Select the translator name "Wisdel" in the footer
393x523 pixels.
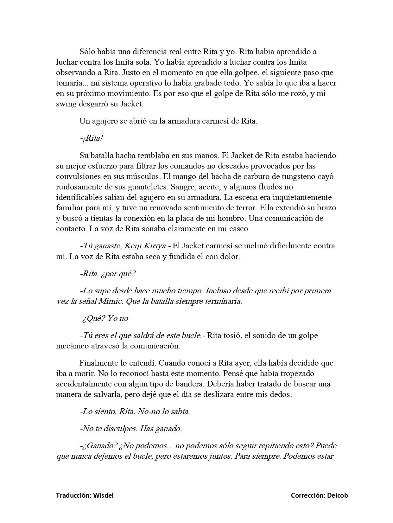click(103, 495)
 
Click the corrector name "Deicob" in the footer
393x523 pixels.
click(337, 495)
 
